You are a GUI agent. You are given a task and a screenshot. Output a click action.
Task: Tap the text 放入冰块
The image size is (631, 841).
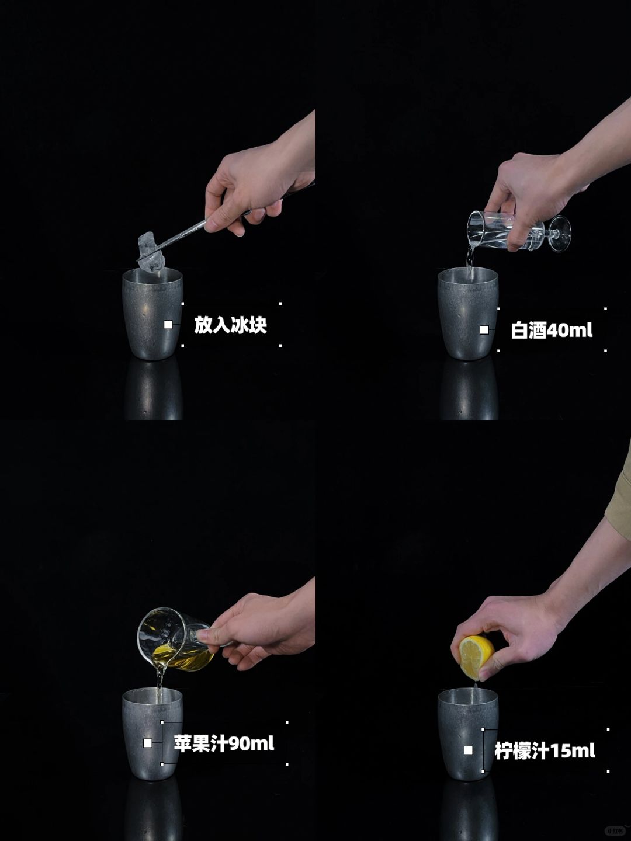click(230, 325)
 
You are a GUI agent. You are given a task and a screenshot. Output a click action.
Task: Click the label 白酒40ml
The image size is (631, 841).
click(552, 330)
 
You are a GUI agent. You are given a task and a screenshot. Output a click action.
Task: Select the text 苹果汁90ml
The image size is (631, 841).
click(224, 743)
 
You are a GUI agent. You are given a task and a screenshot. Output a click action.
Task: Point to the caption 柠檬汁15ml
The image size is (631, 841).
click(545, 750)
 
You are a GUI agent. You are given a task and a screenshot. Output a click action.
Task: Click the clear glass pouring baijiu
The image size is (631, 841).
click(518, 231)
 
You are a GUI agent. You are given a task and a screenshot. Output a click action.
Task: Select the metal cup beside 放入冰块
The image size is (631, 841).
click(152, 314)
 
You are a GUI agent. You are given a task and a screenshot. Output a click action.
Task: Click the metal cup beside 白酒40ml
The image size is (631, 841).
click(468, 314)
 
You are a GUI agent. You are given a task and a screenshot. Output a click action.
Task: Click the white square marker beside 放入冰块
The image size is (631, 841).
click(168, 325)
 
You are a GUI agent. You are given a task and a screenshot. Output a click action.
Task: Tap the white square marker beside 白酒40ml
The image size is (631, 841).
click(484, 329)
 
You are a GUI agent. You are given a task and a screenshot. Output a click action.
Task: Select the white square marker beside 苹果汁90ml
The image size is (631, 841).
click(147, 743)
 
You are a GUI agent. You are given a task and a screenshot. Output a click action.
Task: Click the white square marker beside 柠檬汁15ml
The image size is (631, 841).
click(468, 750)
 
